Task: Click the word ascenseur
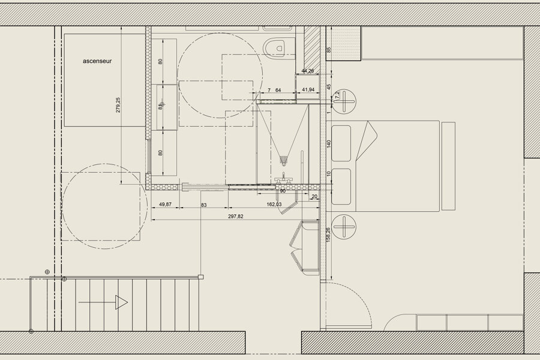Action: [x=98, y=61]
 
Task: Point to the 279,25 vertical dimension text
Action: [x=118, y=104]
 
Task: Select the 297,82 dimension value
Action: [x=236, y=217]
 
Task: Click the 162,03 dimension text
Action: [x=274, y=205]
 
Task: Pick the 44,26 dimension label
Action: [x=307, y=71]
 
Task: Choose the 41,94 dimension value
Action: [x=308, y=90]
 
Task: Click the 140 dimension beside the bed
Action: [x=328, y=144]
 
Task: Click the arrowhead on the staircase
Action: [x=122, y=302]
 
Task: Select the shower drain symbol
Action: [x=284, y=160]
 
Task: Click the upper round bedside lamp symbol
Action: [x=346, y=101]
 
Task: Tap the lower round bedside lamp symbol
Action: [x=346, y=226]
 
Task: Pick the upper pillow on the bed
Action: [x=341, y=143]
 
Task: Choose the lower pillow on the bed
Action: [x=341, y=187]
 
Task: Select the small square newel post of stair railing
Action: [x=201, y=277]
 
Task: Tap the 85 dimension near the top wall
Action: [x=328, y=50]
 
